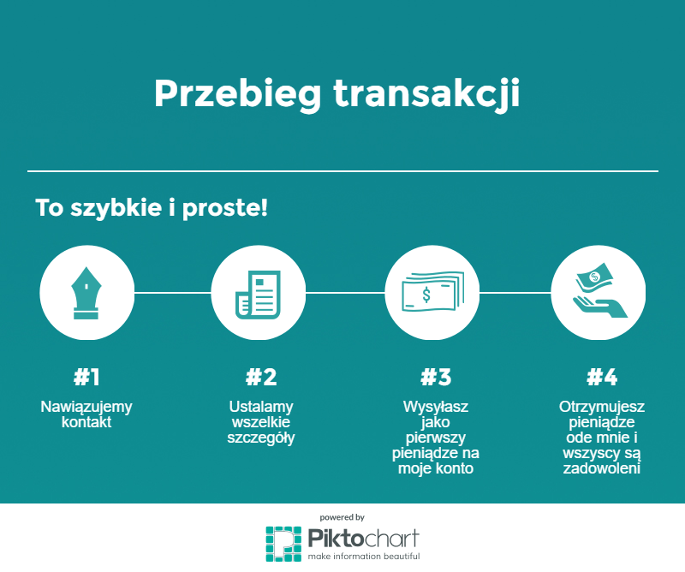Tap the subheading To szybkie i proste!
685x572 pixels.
click(x=152, y=208)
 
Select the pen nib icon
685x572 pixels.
click(x=86, y=293)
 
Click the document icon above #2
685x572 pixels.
click(x=258, y=293)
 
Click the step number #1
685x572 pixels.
click(x=86, y=377)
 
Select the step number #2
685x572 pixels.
click(x=261, y=377)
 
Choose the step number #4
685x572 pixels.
click(x=601, y=377)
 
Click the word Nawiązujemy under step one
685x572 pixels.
click(x=86, y=407)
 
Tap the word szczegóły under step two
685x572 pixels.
click(x=261, y=438)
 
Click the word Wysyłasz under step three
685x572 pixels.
click(x=435, y=407)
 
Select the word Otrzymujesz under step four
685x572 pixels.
click(x=601, y=407)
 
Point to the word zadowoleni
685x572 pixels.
click(x=601, y=468)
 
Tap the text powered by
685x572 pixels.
click(x=342, y=517)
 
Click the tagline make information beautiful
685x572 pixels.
click(x=364, y=557)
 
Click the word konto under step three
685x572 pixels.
click(x=455, y=468)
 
